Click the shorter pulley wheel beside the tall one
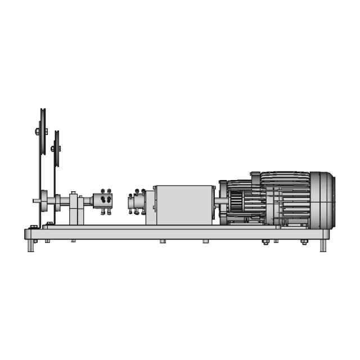point(56,148)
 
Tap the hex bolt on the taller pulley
point(38,132)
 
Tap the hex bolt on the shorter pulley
point(53,149)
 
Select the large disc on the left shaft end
point(43,200)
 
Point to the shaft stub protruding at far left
point(35,200)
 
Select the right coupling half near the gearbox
point(136,202)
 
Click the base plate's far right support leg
point(323,246)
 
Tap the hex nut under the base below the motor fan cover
point(304,242)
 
